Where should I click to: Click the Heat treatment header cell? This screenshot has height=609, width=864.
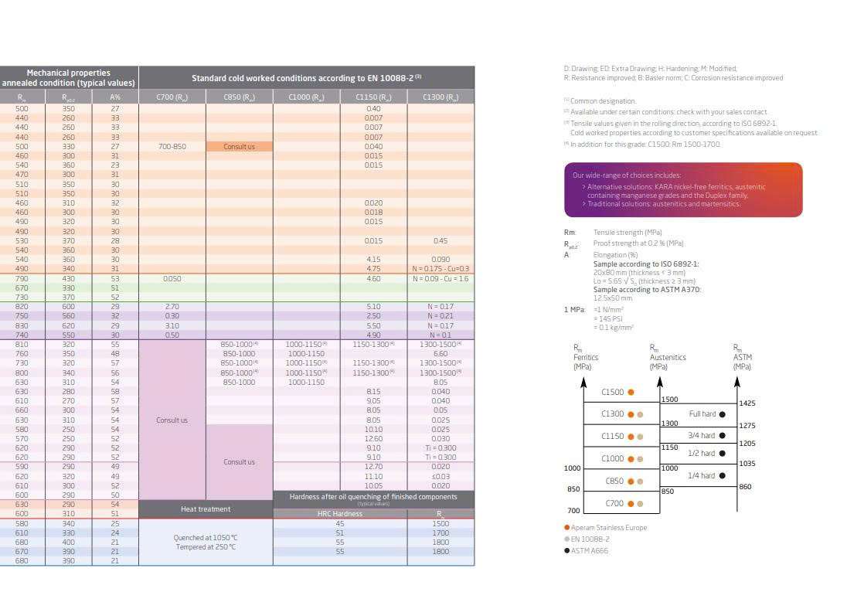pos(205,509)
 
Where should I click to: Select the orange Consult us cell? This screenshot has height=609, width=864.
pos(239,147)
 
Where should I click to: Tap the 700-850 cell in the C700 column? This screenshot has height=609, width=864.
pos(172,147)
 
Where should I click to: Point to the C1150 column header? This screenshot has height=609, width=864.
pos(373,97)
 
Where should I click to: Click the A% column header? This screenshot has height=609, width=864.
pos(114,97)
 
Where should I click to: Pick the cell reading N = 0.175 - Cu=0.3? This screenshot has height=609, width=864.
pos(441,269)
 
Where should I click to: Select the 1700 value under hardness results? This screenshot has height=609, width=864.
pos(441,532)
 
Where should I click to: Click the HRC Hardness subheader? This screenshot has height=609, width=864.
pos(339,514)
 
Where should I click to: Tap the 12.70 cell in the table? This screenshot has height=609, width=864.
pos(373,467)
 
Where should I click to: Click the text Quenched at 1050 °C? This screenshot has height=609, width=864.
pos(206,538)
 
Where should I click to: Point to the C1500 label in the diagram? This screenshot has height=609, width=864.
pos(613,392)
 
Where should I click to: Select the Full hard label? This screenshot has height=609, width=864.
pos(702,414)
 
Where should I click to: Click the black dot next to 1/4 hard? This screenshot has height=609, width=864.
pos(723,475)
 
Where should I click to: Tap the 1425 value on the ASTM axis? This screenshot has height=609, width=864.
pos(747,403)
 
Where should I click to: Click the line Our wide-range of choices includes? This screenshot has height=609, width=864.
pos(627,175)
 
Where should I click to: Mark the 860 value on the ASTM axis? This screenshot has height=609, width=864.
pos(745,487)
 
